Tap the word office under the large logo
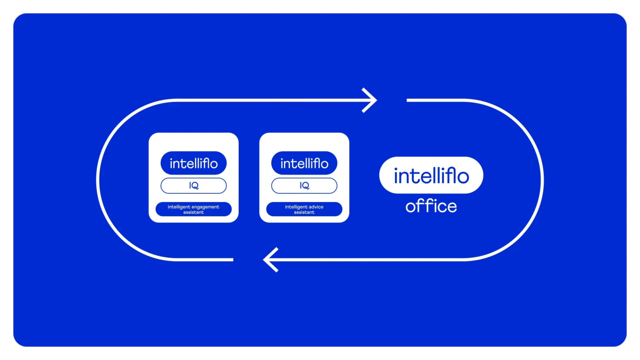431,206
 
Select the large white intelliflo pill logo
431,175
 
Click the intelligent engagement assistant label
193,209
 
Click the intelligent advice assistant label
304,209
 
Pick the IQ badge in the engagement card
193,185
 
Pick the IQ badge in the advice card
304,185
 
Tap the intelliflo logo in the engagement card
193,163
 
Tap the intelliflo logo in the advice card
304,163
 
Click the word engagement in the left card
205,207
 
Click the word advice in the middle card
316,207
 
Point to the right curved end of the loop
542,180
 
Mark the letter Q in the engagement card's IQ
195,186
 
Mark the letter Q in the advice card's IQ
306,186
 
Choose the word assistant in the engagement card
193,212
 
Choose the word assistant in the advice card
304,212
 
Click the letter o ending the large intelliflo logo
462,177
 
